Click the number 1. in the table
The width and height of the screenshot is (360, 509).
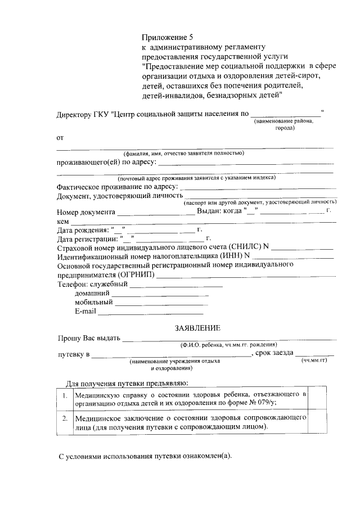(65, 395)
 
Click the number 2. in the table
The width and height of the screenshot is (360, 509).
(65, 419)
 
